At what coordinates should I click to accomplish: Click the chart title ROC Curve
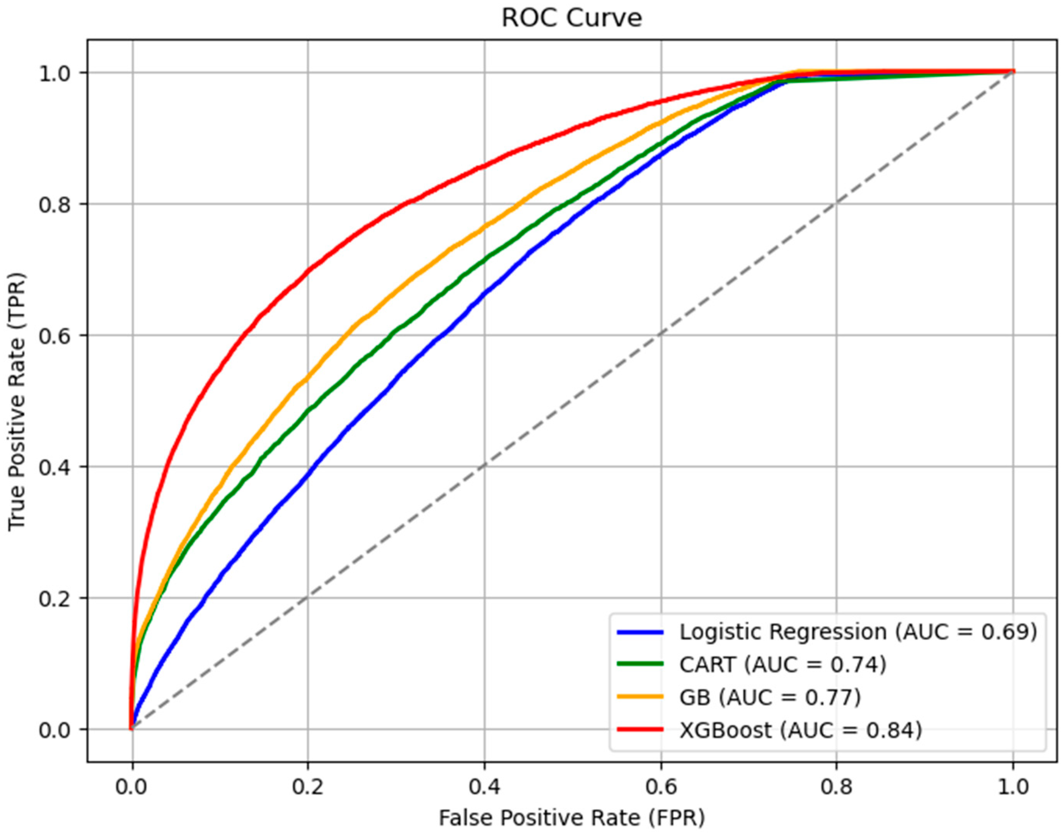point(571,19)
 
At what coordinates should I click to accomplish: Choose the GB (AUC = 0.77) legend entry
point(770,697)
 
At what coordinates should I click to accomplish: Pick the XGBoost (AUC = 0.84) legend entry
point(801,730)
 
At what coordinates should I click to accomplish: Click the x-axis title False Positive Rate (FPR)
point(571,817)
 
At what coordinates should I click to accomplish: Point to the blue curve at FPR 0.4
point(484,293)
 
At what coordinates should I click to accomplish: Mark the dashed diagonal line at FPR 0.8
point(836,204)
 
